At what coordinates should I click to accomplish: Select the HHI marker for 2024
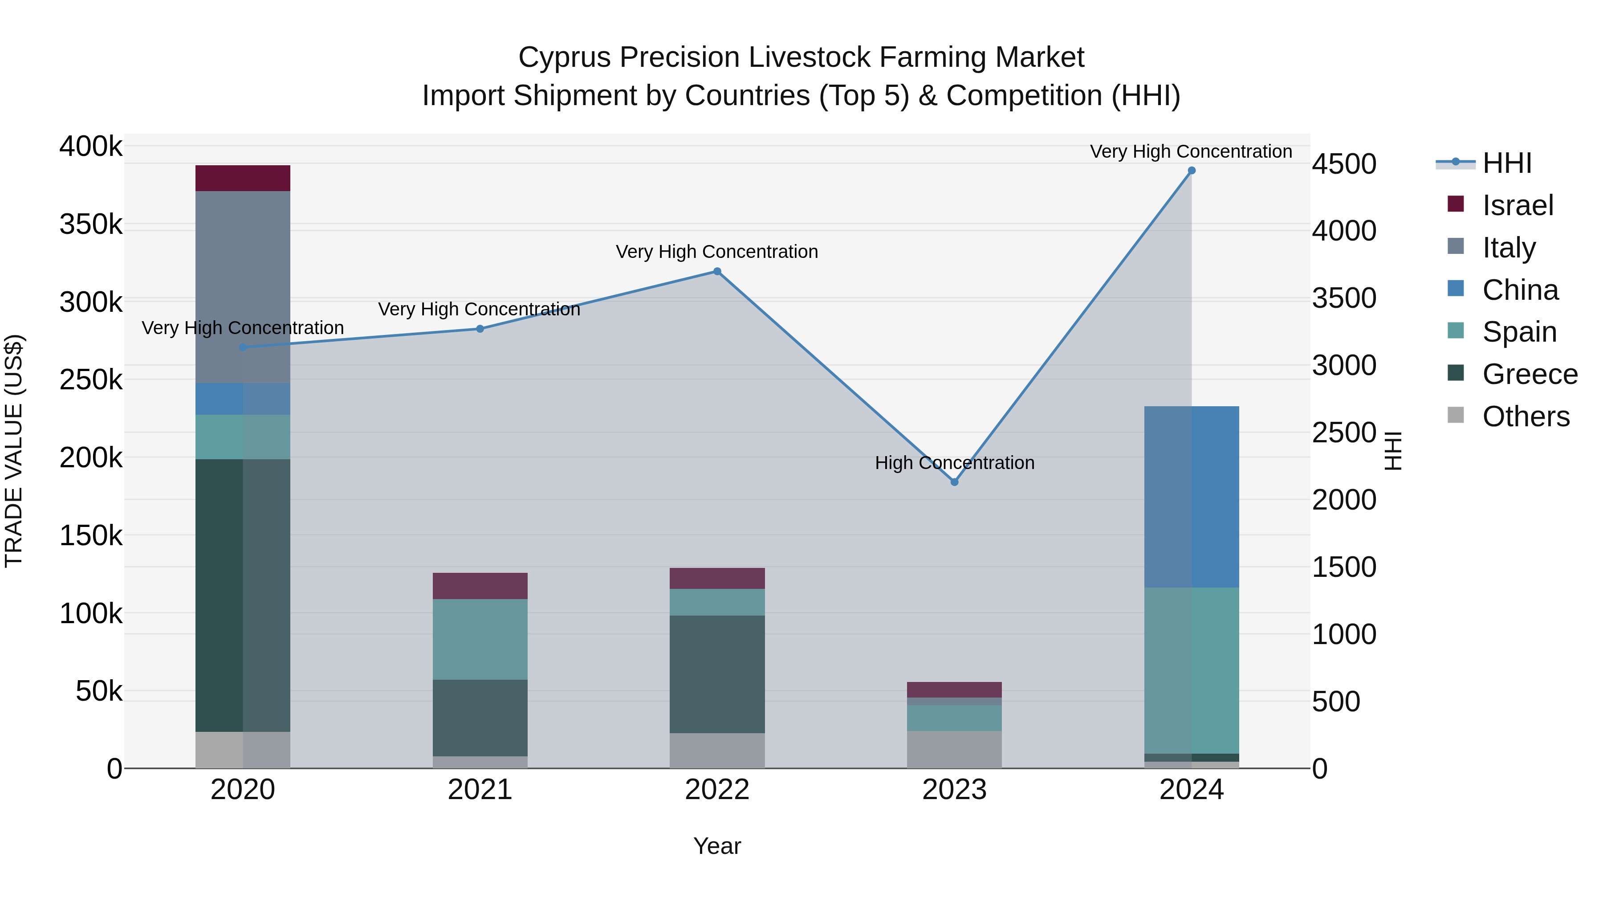tap(1191, 171)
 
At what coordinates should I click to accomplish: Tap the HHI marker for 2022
tap(717, 271)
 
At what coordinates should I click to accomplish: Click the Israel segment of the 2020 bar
tap(243, 178)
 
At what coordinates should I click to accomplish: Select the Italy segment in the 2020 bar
tap(243, 286)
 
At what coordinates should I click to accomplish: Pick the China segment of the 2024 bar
tap(1191, 497)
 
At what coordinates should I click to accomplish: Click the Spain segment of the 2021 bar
tap(480, 639)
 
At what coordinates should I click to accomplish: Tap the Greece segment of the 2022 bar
tap(717, 674)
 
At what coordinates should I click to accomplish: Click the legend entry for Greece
tap(1530, 374)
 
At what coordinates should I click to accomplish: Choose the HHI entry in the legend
tap(1506, 163)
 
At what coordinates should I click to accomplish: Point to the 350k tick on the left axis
tap(91, 224)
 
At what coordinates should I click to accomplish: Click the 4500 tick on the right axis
tap(1344, 164)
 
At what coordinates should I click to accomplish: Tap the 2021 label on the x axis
tap(480, 790)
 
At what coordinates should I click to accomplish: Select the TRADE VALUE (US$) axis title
tap(14, 451)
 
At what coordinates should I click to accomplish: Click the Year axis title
tap(717, 846)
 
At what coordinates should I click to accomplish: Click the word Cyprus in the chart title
tap(565, 57)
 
